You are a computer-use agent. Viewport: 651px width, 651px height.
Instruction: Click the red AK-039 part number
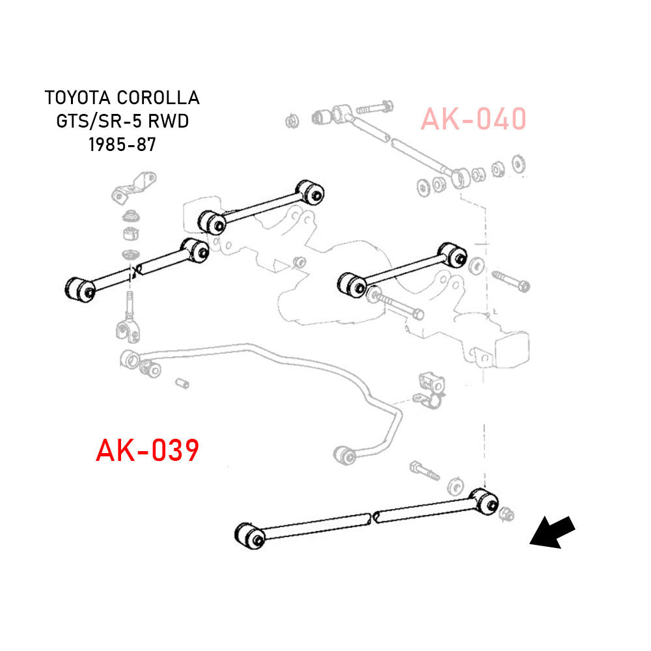[147, 450]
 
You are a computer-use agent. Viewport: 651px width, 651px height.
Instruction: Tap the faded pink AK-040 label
[473, 118]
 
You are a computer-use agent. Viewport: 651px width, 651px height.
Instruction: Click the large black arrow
[552, 533]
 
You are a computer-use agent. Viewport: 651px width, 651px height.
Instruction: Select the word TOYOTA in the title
[77, 98]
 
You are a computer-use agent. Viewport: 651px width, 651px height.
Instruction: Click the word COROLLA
[158, 98]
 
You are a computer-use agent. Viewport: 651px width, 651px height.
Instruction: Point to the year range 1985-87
[122, 145]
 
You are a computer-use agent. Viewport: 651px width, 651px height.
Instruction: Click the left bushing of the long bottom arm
[249, 536]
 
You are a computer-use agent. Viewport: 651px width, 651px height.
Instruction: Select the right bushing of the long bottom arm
[484, 502]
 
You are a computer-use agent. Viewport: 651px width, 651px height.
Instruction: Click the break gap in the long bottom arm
[372, 518]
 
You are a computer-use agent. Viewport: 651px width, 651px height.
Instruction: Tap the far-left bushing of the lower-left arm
[80, 290]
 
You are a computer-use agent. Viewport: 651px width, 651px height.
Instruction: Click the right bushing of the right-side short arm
[452, 255]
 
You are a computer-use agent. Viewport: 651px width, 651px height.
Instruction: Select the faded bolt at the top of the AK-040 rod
[375, 107]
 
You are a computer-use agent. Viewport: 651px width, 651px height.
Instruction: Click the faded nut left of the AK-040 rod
[292, 121]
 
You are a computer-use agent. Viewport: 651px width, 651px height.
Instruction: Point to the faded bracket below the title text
[133, 188]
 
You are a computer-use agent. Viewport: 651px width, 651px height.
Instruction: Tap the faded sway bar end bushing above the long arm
[346, 456]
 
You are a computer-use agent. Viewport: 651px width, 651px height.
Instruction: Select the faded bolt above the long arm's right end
[424, 470]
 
